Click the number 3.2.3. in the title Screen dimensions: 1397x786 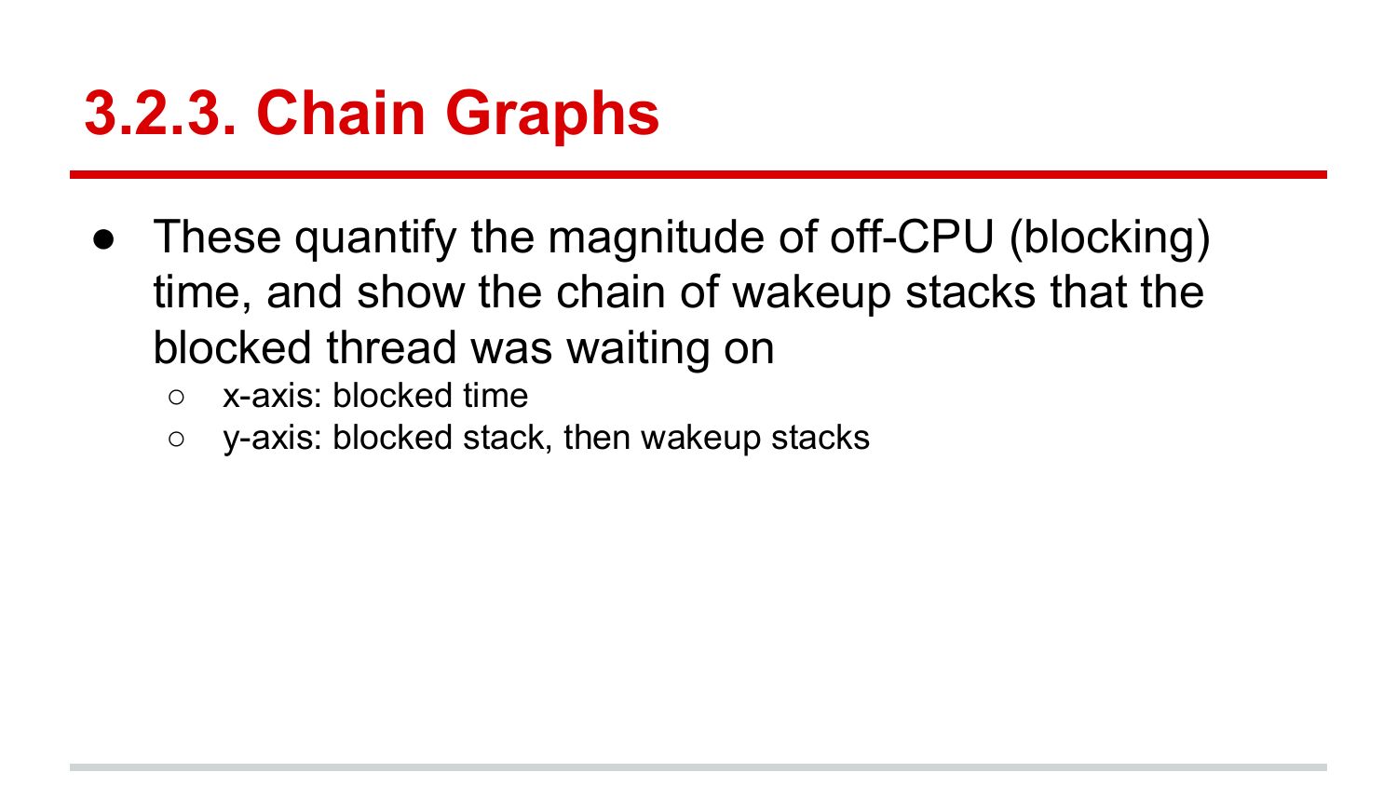pos(160,113)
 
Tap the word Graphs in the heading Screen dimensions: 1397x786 pos(552,115)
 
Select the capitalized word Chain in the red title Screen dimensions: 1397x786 pos(341,113)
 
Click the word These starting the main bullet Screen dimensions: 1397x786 pos(217,237)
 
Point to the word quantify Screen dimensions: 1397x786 pos(375,239)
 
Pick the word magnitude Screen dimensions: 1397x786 pos(656,239)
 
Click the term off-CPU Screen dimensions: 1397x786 pos(912,237)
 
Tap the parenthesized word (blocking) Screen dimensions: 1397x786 pos(1109,239)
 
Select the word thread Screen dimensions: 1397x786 pos(391,347)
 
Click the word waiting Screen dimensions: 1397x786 pos(638,349)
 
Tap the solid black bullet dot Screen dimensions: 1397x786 pos(103,240)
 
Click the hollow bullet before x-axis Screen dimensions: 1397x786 pos(176,398)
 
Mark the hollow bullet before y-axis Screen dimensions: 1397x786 pos(176,440)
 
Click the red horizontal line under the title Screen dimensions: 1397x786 pos(698,175)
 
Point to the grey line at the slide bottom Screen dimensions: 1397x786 pos(698,767)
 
